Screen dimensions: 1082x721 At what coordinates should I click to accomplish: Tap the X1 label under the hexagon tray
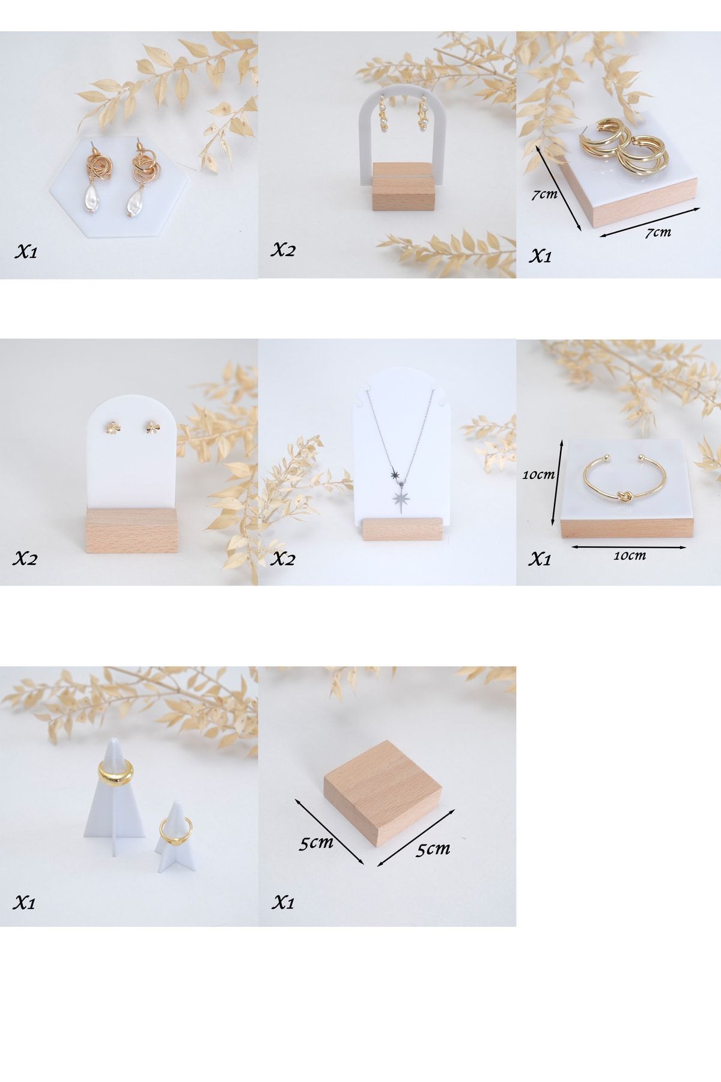tap(26, 252)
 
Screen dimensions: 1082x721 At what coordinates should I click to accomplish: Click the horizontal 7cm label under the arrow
tap(658, 232)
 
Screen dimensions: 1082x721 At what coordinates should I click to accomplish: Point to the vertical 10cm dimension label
tap(538, 474)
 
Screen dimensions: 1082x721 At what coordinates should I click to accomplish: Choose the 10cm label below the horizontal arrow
tap(629, 556)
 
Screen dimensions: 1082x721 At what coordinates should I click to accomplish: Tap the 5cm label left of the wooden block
tap(317, 843)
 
